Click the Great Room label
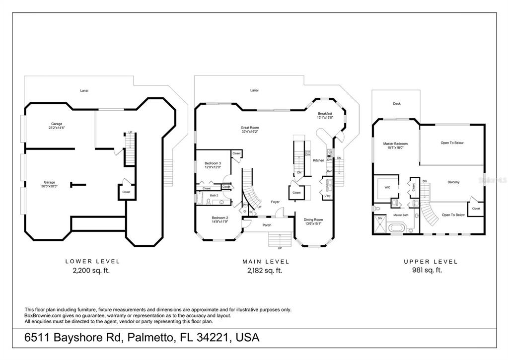point(250,128)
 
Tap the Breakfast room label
point(325,114)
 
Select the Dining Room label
point(313,219)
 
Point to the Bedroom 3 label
point(213,163)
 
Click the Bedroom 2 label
point(219,217)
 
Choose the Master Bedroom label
point(395,144)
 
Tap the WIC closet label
point(386,187)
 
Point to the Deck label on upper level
point(396,104)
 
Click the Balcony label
point(453,182)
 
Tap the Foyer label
point(275,202)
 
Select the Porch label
point(267,225)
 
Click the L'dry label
point(327,196)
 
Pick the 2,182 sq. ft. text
point(265,271)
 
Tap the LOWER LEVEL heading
point(93,261)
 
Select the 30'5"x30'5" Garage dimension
point(49,186)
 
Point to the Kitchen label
point(318,160)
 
